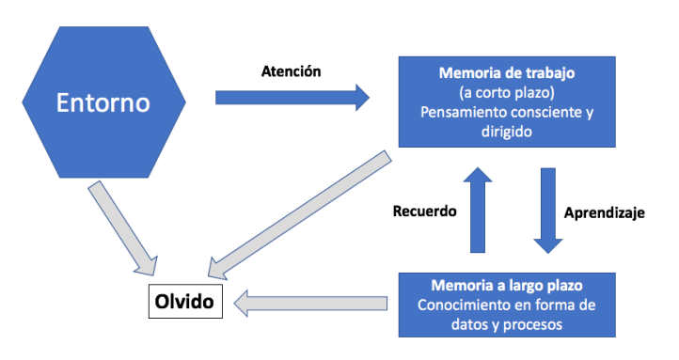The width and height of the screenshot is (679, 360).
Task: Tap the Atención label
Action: (292, 70)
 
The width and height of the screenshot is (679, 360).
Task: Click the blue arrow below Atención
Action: (292, 97)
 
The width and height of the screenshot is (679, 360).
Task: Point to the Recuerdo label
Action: (423, 211)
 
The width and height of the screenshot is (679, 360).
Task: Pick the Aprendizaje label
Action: (603, 213)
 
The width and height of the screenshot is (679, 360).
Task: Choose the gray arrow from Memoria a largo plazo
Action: (310, 303)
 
